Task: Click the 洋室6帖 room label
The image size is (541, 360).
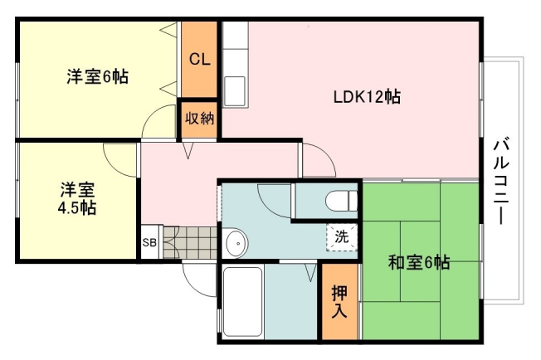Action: [x=98, y=76]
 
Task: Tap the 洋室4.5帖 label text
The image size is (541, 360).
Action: [x=76, y=199]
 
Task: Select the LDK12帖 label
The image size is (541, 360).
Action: [x=367, y=97]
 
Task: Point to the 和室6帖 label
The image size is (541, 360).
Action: [x=419, y=263]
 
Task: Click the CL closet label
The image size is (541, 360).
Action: [x=199, y=60]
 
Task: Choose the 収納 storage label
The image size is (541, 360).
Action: [x=199, y=119]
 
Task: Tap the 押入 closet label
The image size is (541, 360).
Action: [x=339, y=302]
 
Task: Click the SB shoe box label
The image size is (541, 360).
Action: [x=149, y=242]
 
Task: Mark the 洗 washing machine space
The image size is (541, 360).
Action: [x=342, y=237]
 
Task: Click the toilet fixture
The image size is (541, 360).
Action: [x=342, y=201]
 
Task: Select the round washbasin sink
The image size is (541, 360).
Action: [x=236, y=243]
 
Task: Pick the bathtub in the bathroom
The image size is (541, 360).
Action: [x=242, y=302]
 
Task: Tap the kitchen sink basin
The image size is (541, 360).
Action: [x=235, y=91]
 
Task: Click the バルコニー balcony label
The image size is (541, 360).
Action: [x=500, y=182]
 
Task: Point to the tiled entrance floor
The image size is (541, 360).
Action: [x=190, y=242]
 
